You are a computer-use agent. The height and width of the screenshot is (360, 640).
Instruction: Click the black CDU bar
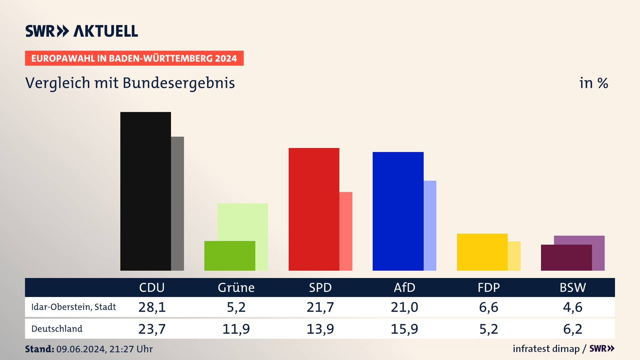tap(146, 191)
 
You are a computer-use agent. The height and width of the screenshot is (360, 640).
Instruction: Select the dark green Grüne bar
tap(230, 256)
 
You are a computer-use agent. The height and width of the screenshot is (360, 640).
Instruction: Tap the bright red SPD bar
tap(314, 209)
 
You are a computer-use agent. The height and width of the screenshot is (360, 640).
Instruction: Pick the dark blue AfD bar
tap(398, 211)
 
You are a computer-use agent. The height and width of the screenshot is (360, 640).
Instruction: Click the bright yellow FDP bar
tap(482, 252)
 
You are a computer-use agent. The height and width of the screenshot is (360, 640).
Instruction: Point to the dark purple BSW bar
tap(566, 258)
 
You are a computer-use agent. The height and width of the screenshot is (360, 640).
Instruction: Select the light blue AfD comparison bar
tap(430, 225)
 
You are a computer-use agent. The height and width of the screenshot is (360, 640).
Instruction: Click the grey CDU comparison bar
tap(177, 203)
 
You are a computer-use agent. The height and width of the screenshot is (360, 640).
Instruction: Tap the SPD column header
tap(320, 288)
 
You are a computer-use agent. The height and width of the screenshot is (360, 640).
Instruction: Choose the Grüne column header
tap(236, 288)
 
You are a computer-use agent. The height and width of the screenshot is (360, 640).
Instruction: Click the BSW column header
tap(573, 288)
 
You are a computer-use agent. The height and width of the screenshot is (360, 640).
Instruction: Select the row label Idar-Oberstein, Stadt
tap(74, 307)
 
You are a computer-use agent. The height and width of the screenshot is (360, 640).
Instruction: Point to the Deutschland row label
tap(57, 329)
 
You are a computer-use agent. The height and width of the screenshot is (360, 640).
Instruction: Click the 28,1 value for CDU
tap(152, 307)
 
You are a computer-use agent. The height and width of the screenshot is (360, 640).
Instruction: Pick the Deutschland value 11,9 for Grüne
tap(236, 329)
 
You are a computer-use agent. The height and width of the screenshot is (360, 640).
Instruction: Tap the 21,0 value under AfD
tap(404, 307)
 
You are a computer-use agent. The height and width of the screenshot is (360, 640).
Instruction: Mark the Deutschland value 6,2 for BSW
tap(573, 329)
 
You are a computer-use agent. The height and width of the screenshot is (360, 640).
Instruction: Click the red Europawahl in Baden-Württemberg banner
tap(134, 58)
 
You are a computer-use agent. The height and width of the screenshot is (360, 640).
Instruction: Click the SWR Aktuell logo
tap(82, 31)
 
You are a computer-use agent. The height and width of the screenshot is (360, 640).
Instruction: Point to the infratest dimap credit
tap(546, 349)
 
